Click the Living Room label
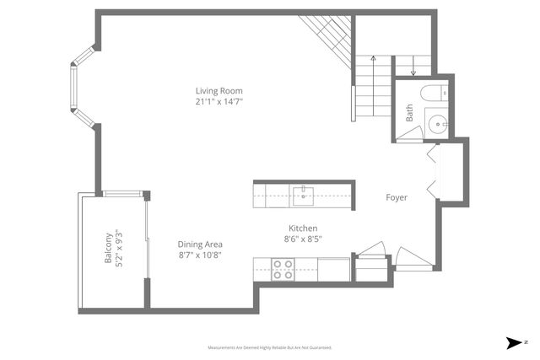pos(219,91)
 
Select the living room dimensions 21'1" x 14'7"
pos(219,102)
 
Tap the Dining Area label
pos(200,244)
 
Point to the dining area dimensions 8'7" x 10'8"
pos(200,255)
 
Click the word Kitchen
pos(303,228)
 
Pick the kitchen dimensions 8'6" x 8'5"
pos(303,239)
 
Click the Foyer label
pos(397,198)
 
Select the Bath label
pos(410,113)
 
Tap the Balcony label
pos(109,249)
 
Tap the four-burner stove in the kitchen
pos(283,269)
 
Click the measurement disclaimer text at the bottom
pos(270,347)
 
